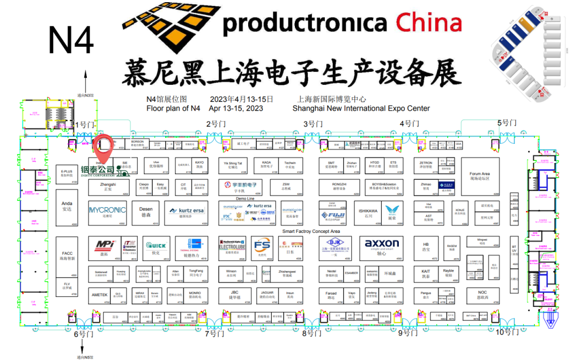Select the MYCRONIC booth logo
click(x=107, y=210)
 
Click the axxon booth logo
click(x=382, y=244)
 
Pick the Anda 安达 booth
click(x=67, y=207)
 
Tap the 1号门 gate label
click(x=84, y=125)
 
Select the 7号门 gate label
click(x=214, y=334)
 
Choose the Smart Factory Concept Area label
click(x=311, y=231)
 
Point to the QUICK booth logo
click(x=155, y=244)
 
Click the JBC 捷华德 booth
click(x=234, y=295)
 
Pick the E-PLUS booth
click(x=67, y=173)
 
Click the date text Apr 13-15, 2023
click(x=236, y=108)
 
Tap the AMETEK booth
click(x=100, y=295)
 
